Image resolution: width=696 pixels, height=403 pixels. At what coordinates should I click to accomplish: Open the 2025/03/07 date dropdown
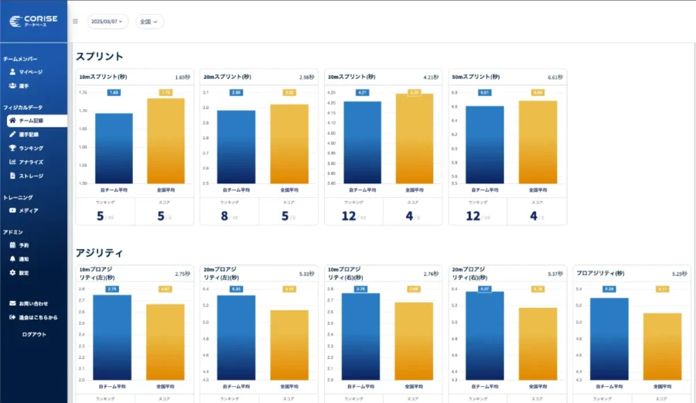(107, 22)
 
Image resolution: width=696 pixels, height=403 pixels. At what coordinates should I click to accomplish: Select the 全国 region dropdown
(149, 22)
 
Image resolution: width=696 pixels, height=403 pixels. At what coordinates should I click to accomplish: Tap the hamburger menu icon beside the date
(75, 22)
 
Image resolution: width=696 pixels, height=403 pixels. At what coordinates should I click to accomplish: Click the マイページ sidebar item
(30, 72)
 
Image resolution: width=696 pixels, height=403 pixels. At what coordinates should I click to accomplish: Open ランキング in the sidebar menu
(31, 149)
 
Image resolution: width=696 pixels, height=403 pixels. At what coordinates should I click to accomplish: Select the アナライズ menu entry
(31, 162)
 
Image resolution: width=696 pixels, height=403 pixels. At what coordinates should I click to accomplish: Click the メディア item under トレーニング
(29, 210)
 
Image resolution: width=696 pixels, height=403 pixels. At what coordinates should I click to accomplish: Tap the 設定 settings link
(24, 273)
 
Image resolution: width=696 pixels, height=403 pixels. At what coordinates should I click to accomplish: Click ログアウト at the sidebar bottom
(34, 334)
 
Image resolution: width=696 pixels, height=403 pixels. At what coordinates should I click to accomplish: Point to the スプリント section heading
(99, 56)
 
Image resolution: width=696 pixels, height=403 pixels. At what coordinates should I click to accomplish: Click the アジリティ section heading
(99, 253)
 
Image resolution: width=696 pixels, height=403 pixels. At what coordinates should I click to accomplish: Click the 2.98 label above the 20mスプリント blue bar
(236, 93)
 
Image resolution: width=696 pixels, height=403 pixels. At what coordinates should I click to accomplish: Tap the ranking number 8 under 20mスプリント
(223, 217)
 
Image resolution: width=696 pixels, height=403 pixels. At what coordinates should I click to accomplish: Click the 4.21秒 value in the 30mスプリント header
(431, 77)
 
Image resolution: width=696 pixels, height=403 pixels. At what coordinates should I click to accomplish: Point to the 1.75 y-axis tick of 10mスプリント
(84, 92)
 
